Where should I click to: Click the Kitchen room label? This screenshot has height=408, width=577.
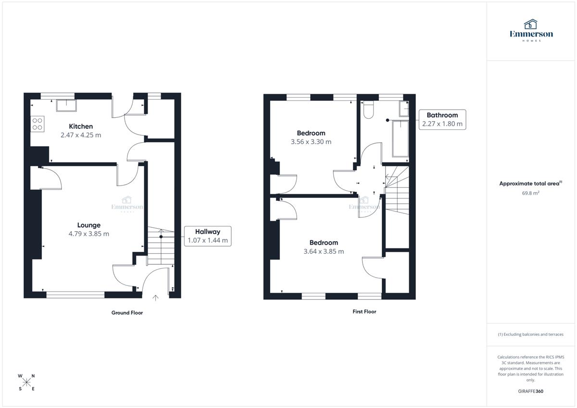81,126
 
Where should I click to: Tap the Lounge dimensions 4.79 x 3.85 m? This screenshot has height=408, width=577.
88,234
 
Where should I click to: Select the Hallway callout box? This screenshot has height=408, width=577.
208,236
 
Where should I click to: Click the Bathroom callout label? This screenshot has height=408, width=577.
442,115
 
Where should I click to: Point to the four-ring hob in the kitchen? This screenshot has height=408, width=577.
38,124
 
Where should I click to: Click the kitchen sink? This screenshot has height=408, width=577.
66,106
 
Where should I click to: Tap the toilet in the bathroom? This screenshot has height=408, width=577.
368,110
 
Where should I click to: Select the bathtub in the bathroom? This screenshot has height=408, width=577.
400,139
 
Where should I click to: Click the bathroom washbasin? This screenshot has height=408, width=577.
404,109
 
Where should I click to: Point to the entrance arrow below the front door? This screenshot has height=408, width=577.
155,298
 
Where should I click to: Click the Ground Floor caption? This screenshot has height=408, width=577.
127,313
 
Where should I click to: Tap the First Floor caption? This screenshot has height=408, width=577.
364,311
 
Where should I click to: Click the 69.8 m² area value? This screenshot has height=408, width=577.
531,193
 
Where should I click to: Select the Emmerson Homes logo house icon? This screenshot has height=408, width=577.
531,24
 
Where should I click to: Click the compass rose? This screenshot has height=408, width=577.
26,382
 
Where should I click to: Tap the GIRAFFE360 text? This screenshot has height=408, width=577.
531,391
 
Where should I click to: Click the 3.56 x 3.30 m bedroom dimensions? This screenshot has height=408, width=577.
311,142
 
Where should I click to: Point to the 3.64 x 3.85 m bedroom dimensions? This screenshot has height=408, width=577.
324,251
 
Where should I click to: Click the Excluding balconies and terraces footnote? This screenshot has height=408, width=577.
531,334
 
